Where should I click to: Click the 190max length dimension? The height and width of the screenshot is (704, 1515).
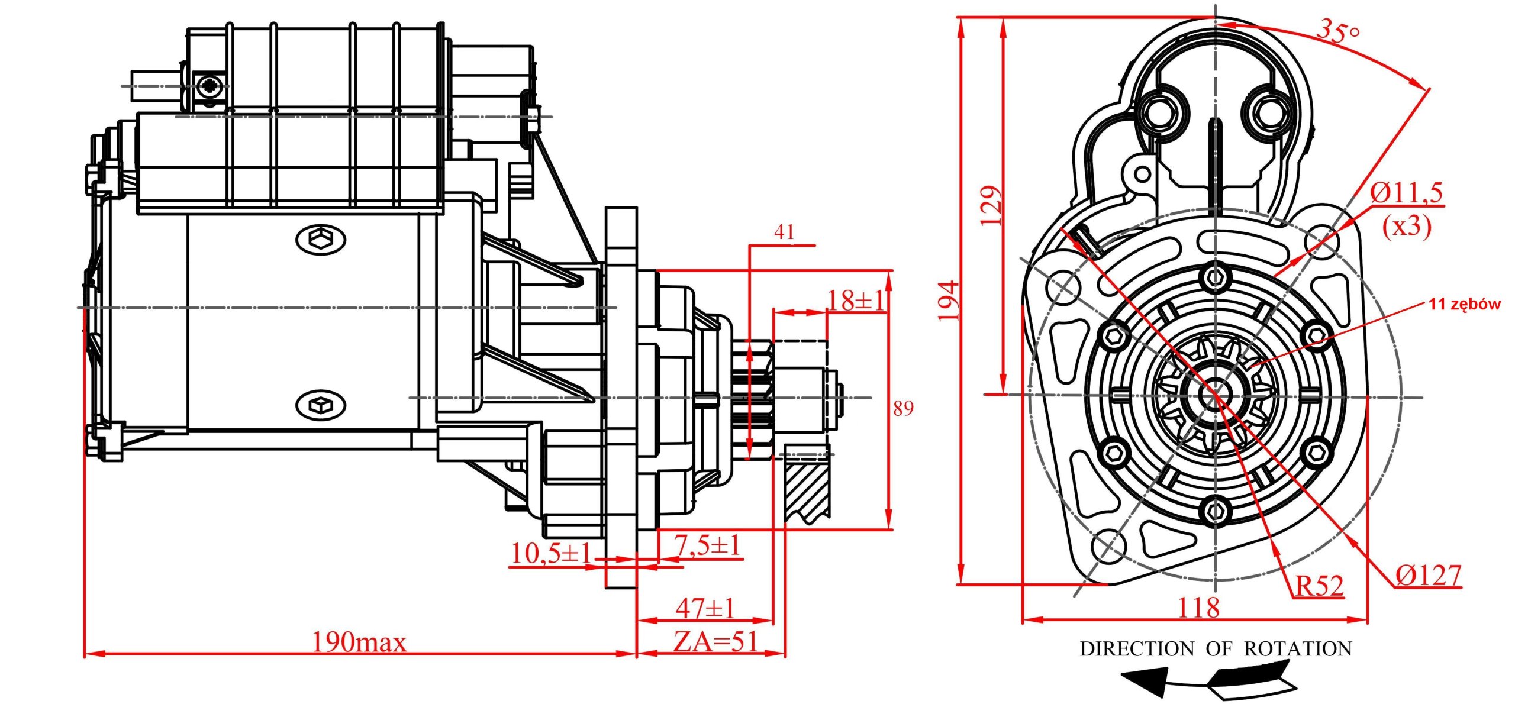[359, 642]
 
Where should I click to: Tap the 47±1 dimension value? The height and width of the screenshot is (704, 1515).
[705, 608]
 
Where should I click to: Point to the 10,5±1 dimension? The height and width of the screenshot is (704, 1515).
[550, 554]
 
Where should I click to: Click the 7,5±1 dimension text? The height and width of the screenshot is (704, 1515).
[708, 545]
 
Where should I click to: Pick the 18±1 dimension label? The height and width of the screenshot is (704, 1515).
[855, 301]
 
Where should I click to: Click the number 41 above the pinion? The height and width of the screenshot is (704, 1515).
[784, 232]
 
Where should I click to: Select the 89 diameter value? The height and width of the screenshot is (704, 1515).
[903, 408]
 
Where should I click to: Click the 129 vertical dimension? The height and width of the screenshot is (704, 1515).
[991, 205]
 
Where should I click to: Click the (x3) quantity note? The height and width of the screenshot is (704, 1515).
[1406, 226]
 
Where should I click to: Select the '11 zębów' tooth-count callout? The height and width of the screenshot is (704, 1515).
[1464, 304]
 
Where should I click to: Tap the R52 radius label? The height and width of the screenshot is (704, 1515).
[1319, 586]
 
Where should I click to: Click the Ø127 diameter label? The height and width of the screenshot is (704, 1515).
[1428, 575]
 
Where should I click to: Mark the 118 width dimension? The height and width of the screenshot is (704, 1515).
[1198, 608]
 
